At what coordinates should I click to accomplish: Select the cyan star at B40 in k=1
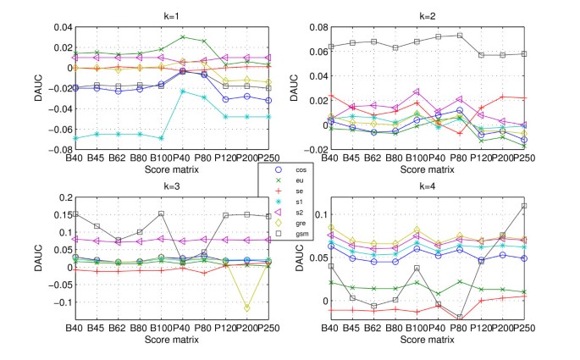(x=74, y=137)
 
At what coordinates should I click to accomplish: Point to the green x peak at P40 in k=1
(x=182, y=37)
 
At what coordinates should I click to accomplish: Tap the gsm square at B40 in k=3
(x=74, y=214)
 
